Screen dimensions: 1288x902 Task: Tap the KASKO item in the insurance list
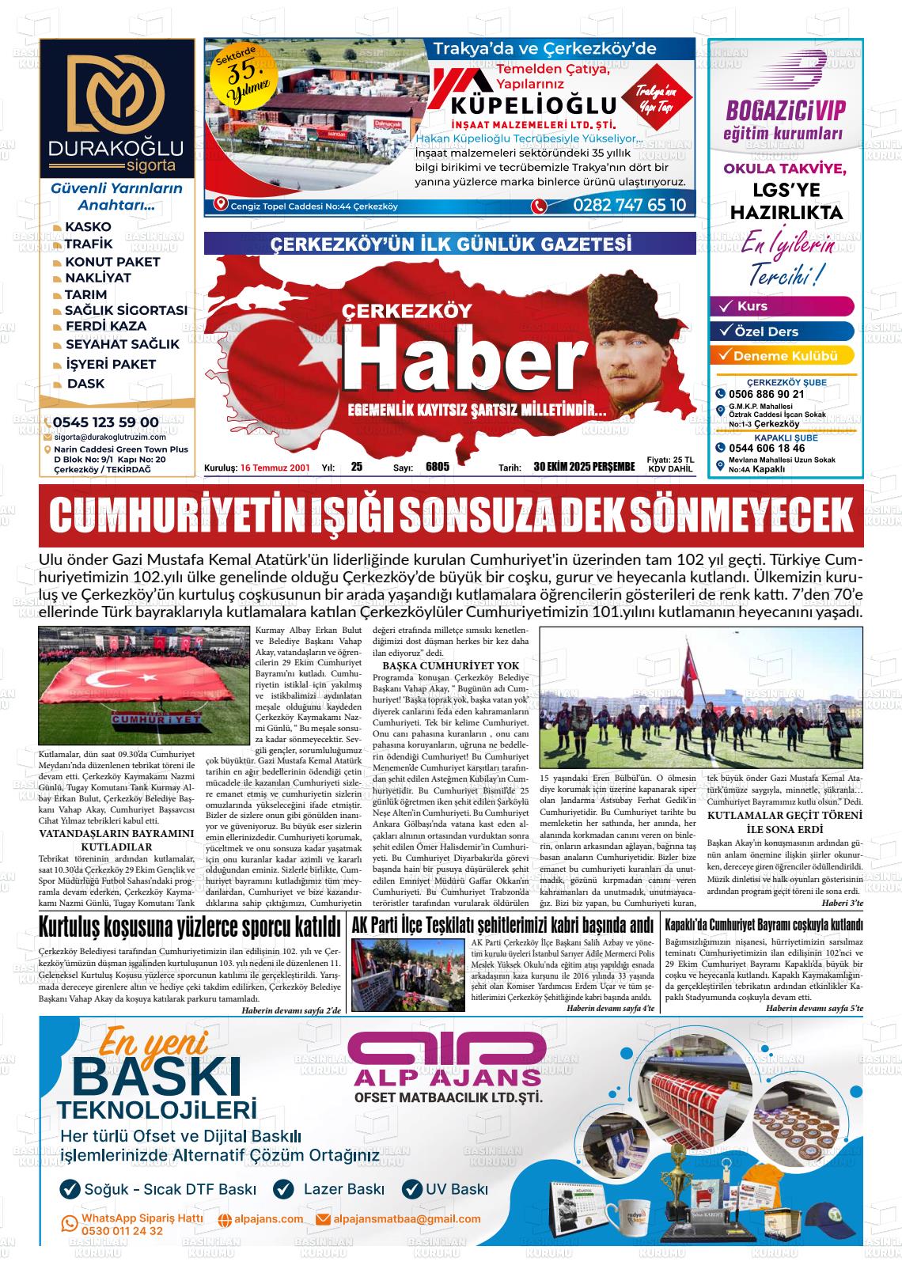pos(87,227)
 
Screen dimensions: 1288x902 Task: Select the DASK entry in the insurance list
pos(85,384)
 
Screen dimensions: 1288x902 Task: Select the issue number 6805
pos(437,467)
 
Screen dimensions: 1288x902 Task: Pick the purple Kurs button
pos(783,306)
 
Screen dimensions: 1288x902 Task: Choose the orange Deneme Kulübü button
pos(783,356)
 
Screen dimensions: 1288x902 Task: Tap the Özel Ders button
pos(783,331)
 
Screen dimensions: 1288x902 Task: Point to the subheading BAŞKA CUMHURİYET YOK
pos(445,665)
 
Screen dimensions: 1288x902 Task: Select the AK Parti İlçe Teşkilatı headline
pos(502,925)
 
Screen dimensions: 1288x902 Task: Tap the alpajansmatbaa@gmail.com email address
pos(407,1219)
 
